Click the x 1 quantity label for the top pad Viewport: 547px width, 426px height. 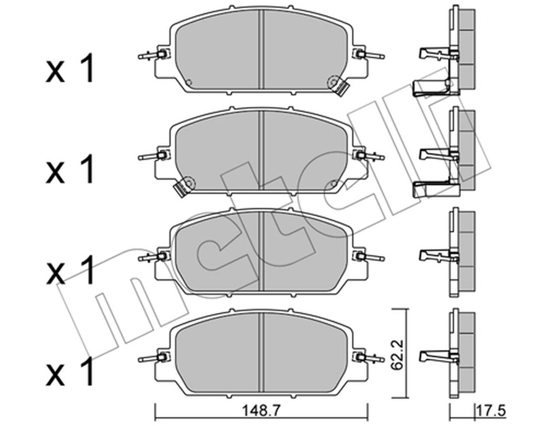(x=70, y=69)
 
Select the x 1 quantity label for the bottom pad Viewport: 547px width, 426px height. (x=70, y=372)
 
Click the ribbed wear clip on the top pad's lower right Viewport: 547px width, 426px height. (x=341, y=88)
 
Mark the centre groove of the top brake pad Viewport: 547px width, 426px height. (x=261, y=49)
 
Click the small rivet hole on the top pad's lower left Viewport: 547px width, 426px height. (x=189, y=83)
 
